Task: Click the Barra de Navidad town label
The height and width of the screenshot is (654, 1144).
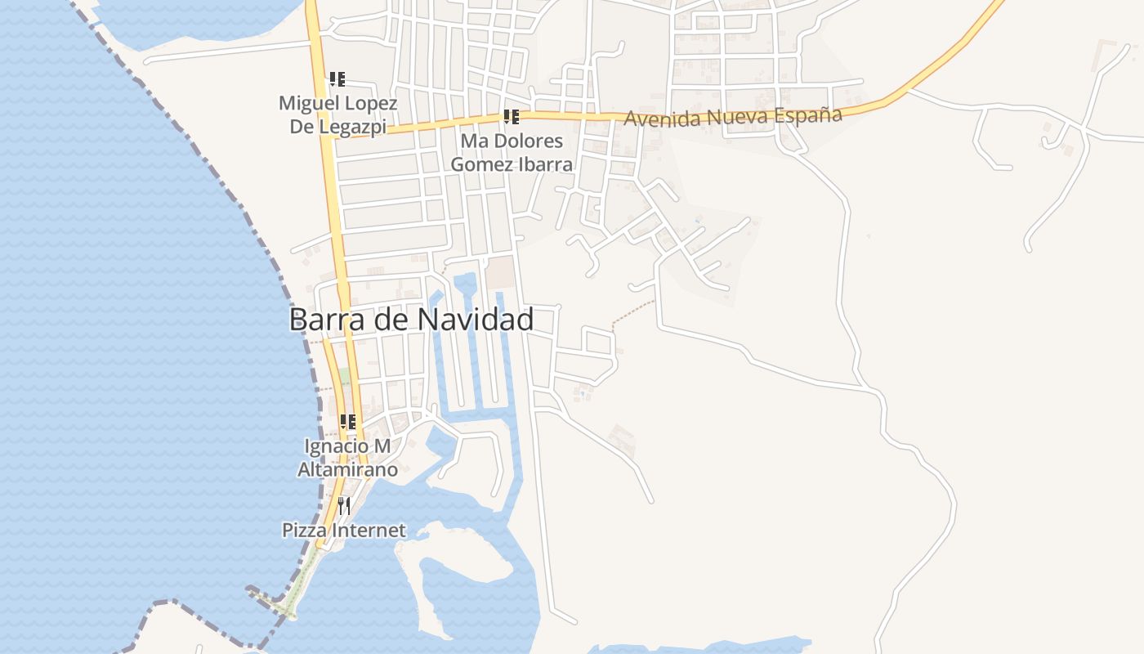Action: [x=411, y=320]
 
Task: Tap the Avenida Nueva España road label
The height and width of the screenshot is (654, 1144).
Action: [x=732, y=117]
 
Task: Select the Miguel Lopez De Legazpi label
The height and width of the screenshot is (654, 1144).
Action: [x=337, y=114]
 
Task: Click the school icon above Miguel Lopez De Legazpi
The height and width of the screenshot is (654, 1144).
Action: [x=337, y=79]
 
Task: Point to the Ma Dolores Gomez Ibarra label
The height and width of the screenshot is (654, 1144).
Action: [x=512, y=152]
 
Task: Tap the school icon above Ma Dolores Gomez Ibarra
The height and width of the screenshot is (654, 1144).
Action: [x=511, y=117]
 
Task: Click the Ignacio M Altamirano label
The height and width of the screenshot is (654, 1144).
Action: [x=347, y=458]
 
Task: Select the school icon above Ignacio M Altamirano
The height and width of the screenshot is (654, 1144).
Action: [x=347, y=422]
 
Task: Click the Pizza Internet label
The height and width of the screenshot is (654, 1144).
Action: [x=343, y=530]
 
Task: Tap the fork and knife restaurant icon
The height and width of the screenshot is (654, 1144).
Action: [x=344, y=505]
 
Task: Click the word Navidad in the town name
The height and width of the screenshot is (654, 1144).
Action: [x=475, y=320]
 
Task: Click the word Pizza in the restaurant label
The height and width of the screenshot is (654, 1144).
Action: [x=302, y=530]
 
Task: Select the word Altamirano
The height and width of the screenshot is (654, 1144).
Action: [x=347, y=469]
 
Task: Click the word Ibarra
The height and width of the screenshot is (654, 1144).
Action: [x=543, y=163]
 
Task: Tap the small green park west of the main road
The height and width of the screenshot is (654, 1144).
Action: [x=346, y=379]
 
